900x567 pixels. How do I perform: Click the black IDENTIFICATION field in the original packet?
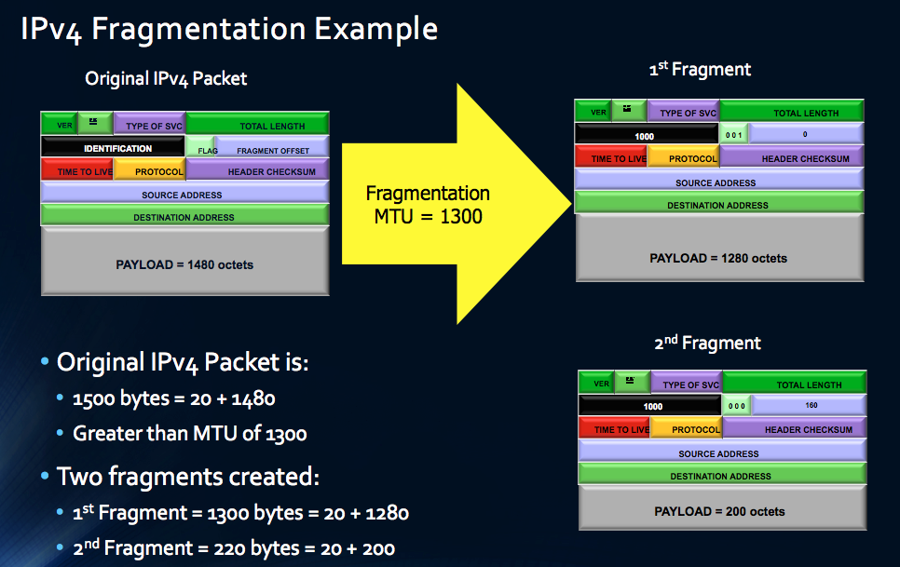click(113, 148)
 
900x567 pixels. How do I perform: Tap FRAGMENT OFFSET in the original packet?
click(272, 149)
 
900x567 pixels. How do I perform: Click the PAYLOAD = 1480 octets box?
click(184, 263)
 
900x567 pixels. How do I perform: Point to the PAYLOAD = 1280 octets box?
click(718, 257)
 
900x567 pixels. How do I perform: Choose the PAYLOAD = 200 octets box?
click(719, 510)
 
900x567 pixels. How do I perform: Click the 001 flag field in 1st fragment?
click(735, 135)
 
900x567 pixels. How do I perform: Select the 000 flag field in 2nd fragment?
click(737, 406)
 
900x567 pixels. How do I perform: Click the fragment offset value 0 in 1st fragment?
click(805, 135)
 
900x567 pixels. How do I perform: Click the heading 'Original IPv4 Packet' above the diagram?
click(166, 78)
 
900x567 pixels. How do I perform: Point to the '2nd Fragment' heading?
click(707, 343)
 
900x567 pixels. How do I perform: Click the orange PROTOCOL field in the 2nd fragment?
click(687, 429)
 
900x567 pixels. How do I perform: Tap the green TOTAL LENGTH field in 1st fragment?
click(792, 113)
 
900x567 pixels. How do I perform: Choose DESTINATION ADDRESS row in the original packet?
click(184, 217)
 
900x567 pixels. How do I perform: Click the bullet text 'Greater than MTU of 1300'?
click(190, 433)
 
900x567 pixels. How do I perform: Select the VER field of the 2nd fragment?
click(601, 384)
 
